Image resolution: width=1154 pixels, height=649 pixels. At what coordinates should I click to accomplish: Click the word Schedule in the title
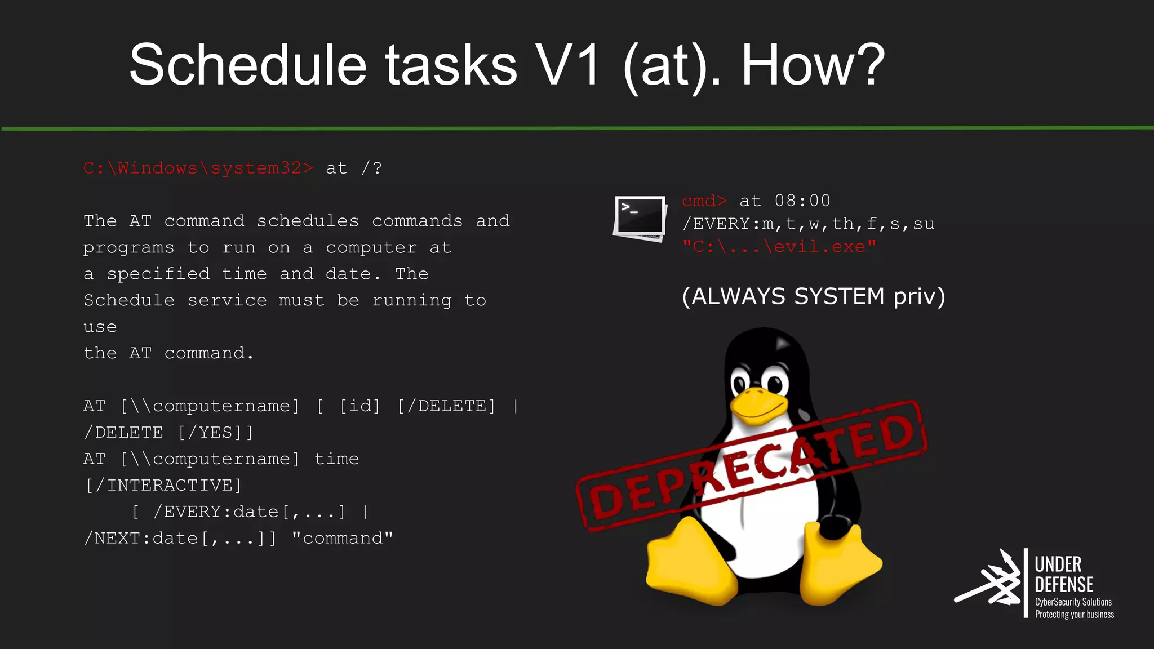pyautogui.click(x=248, y=65)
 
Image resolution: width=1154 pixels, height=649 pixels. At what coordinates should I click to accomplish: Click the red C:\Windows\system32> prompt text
pyautogui.click(x=198, y=168)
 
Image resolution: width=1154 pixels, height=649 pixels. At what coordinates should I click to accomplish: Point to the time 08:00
pyautogui.click(x=802, y=201)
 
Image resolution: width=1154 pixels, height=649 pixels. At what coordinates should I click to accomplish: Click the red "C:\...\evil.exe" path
pyautogui.click(x=779, y=247)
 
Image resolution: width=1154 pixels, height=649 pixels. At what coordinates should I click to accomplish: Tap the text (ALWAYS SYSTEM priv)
pyautogui.click(x=813, y=296)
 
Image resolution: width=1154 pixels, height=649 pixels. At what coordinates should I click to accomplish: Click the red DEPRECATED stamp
pyautogui.click(x=751, y=465)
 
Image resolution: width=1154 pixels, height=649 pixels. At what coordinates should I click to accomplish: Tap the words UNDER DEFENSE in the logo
pyautogui.click(x=1063, y=574)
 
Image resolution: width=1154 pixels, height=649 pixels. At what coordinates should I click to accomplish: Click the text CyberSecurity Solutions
pyautogui.click(x=1073, y=602)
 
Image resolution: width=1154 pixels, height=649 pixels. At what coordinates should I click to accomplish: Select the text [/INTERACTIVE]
pyautogui.click(x=163, y=485)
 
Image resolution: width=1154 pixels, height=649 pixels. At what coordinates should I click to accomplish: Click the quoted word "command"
pyautogui.click(x=342, y=538)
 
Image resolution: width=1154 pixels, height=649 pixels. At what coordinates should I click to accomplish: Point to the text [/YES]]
pyautogui.click(x=216, y=432)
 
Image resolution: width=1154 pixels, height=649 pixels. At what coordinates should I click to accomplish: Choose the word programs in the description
pyautogui.click(x=128, y=247)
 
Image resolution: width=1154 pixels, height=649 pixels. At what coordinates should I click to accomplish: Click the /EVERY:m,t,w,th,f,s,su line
pyautogui.click(x=808, y=224)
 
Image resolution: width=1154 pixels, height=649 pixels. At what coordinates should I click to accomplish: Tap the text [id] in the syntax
pyautogui.click(x=359, y=406)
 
